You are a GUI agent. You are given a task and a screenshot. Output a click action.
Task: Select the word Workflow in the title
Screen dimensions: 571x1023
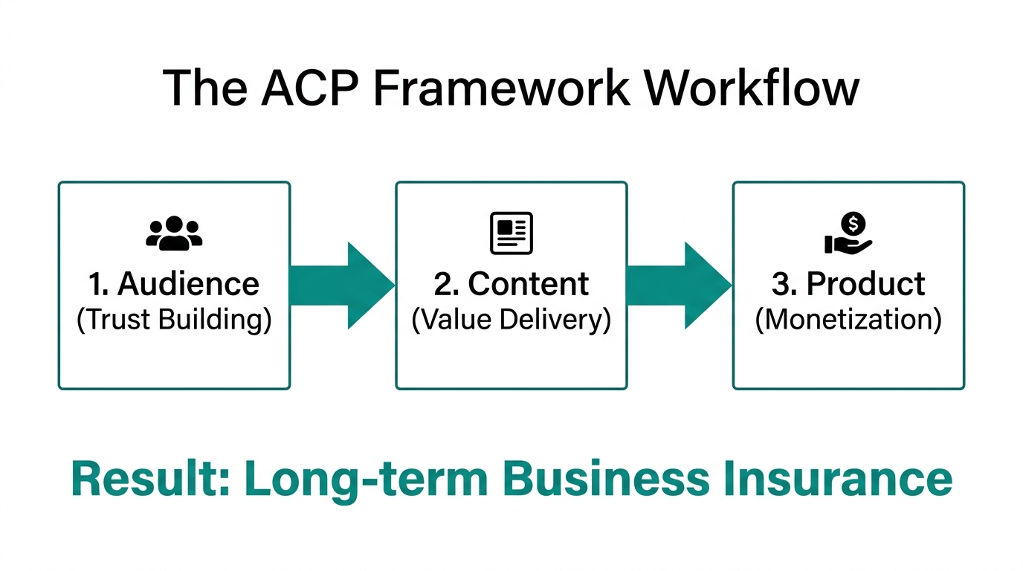pos(751,88)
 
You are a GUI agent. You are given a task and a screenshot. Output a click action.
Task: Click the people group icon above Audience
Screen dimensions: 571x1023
pos(174,233)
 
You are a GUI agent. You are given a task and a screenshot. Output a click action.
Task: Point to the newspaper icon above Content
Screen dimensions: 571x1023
pos(512,233)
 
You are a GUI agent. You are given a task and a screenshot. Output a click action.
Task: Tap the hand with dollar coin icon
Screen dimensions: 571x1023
pos(848,233)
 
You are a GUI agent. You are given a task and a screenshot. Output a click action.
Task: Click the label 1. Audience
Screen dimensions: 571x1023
pos(174,284)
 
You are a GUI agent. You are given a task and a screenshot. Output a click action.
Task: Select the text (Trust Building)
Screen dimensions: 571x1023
pos(174,320)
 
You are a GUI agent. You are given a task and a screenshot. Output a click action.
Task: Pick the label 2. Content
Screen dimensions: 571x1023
pos(512,284)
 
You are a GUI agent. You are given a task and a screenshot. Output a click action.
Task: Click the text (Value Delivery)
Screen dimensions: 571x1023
pos(512,320)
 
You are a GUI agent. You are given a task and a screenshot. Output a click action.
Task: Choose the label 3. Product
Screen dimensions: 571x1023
pos(848,284)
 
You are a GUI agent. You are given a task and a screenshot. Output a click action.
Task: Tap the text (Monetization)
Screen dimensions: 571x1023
pos(848,320)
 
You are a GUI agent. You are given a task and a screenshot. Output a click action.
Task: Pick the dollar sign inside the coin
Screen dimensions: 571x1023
pos(856,222)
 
